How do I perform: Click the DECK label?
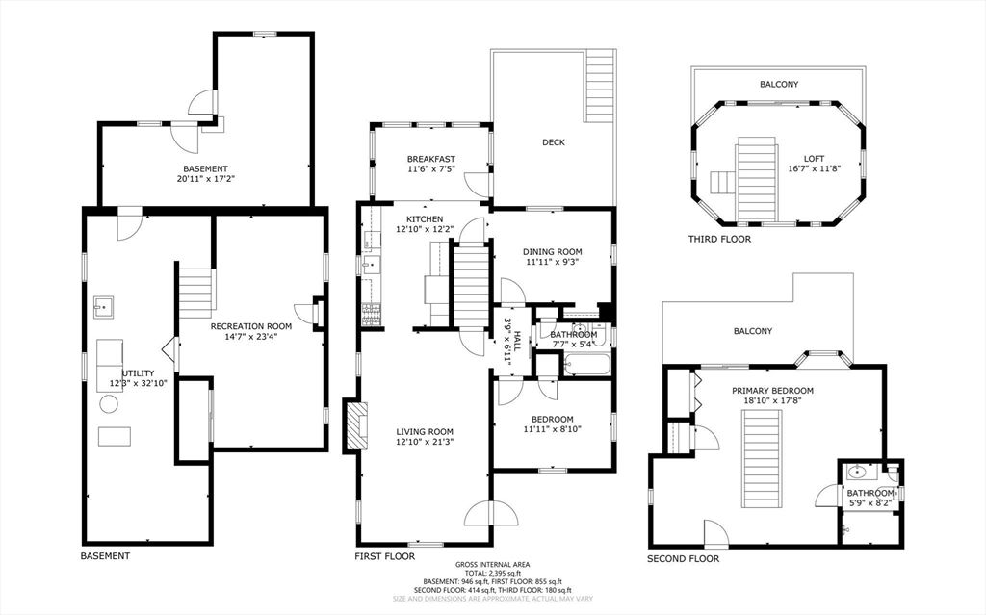pos(553,142)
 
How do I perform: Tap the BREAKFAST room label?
pos(430,159)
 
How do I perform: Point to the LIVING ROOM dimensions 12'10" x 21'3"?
pos(424,443)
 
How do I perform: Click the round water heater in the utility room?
pos(109,404)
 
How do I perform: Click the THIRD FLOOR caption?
pos(719,239)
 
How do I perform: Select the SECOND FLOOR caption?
pos(683,558)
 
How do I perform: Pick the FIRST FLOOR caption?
pos(385,556)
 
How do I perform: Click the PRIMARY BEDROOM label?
pos(772,391)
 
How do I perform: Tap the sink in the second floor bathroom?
pos(856,473)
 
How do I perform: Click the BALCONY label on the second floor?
pos(753,331)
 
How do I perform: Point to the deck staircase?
pos(600,87)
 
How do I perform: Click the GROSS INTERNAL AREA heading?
pos(493,565)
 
